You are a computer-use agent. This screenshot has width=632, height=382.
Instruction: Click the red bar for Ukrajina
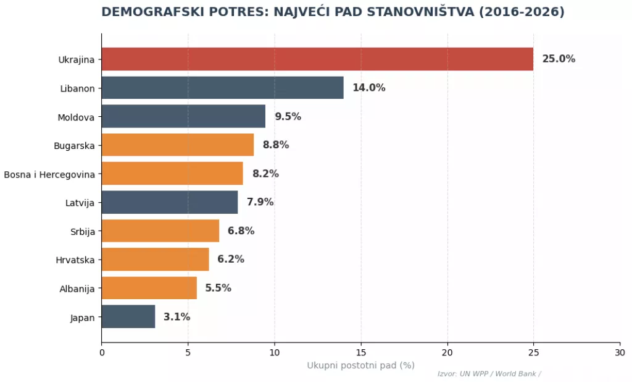pyautogui.click(x=317, y=59)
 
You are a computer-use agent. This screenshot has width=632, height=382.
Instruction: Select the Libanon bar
pyautogui.click(x=222, y=88)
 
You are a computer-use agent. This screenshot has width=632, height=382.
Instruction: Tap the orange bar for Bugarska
pyautogui.click(x=177, y=145)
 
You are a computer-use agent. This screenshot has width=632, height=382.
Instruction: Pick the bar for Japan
pyautogui.click(x=128, y=316)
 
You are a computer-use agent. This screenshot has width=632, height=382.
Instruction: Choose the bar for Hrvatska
pyautogui.click(x=155, y=259)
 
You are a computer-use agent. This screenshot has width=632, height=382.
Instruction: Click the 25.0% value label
pyautogui.click(x=559, y=59)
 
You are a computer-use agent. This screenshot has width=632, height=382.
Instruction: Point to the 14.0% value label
pyautogui.click(x=368, y=88)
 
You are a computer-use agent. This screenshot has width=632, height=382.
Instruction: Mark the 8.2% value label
pyautogui.click(x=265, y=174)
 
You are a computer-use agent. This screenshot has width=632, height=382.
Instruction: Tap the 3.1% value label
pyautogui.click(x=177, y=316)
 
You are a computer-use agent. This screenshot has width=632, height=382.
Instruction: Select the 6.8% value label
pyautogui.click(x=241, y=231)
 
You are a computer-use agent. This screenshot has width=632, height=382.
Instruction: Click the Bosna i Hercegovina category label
pyautogui.click(x=49, y=174)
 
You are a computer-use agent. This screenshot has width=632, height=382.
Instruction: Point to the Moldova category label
pyautogui.click(x=76, y=117)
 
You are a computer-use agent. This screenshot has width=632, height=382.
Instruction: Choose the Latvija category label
pyautogui.click(x=80, y=202)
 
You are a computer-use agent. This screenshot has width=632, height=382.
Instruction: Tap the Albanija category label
pyautogui.click(x=77, y=288)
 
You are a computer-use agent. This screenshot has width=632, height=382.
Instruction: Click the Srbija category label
pyautogui.click(x=83, y=231)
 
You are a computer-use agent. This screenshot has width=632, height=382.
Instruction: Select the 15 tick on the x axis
pyautogui.click(x=361, y=353)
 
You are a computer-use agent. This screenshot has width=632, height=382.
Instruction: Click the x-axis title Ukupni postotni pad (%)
pyautogui.click(x=360, y=365)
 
